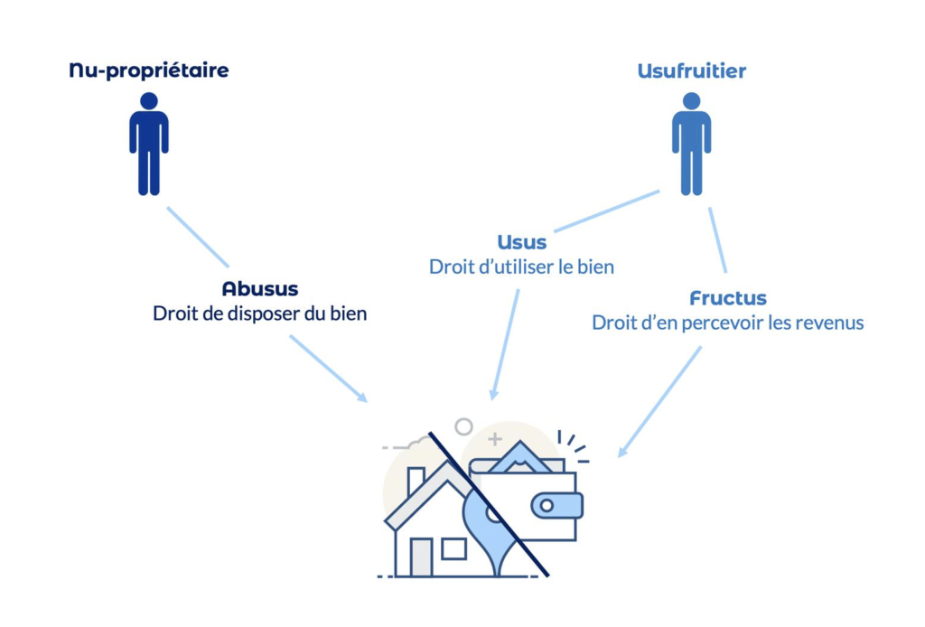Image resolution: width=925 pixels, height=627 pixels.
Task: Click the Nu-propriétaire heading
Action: point(149,70)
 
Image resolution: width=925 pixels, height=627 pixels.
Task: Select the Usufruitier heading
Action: point(691,70)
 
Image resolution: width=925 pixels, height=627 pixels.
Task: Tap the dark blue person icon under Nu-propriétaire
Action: point(149,145)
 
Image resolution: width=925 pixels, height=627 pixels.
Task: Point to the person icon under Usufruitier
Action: point(691,145)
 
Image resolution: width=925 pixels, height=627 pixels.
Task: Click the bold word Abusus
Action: point(260,290)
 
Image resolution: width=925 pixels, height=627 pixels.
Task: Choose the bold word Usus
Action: point(522,243)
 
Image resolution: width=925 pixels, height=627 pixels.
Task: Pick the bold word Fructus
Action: point(728,298)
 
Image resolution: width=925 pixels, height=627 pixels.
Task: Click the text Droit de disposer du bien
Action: point(260,314)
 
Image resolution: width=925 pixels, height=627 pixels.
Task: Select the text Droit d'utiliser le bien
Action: point(522,267)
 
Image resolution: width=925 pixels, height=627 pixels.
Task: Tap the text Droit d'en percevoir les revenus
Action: point(728,323)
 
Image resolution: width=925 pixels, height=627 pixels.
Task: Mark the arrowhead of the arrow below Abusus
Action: point(363,398)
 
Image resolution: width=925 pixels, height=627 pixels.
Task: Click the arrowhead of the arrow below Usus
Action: point(493,394)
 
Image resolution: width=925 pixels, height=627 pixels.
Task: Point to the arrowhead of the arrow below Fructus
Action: point(622,452)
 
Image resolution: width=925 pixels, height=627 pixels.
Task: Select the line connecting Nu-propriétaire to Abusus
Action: point(197,237)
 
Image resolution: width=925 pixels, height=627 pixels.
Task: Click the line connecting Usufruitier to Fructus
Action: point(717,239)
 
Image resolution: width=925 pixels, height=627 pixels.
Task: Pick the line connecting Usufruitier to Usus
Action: point(607,211)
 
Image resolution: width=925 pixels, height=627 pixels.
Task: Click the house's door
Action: point(421,557)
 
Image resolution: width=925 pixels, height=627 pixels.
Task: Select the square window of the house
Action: point(453,548)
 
